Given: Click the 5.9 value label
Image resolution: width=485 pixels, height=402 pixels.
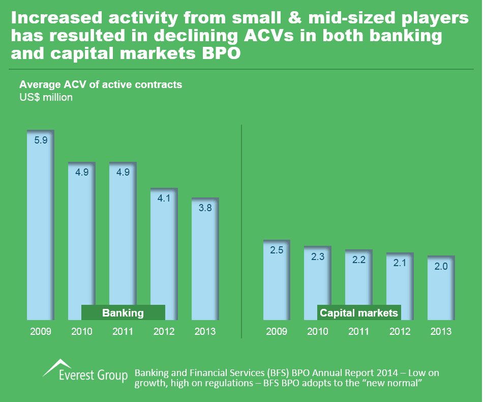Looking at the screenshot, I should (x=41, y=140).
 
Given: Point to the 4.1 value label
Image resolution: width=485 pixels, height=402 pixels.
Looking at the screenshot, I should (x=164, y=198).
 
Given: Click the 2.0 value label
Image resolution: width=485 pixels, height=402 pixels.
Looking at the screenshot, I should (x=441, y=266).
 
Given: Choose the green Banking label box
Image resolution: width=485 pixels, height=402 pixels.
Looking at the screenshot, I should (x=123, y=312).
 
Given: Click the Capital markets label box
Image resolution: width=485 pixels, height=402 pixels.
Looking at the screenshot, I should (x=359, y=312).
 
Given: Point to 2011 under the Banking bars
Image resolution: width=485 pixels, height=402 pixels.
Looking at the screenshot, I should (x=123, y=331).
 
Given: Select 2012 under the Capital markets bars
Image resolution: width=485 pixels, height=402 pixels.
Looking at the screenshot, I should (x=400, y=331).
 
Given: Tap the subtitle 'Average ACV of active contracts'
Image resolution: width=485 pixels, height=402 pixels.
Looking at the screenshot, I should (x=100, y=84).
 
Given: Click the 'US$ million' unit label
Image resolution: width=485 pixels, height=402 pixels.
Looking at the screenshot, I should (x=46, y=97).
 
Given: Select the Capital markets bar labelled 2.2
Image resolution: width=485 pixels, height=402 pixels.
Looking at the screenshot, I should (x=359, y=285).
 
